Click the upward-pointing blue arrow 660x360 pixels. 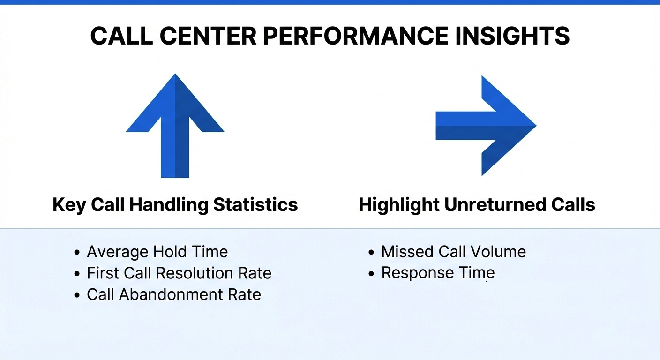pos(175,126)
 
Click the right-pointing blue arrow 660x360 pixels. pos(486,126)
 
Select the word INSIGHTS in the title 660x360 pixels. pos(512,36)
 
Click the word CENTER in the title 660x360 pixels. pos(208,36)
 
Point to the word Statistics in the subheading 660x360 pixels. pos(255,204)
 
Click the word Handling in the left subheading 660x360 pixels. pos(169,204)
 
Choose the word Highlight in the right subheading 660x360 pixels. pos(399,205)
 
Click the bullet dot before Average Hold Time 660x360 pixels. pos(77,253)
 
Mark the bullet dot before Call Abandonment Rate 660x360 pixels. pos(77,295)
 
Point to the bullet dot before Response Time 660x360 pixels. pos(371,274)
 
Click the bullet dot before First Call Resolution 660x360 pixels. pos(77,274)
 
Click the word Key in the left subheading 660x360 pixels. pos(69,205)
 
